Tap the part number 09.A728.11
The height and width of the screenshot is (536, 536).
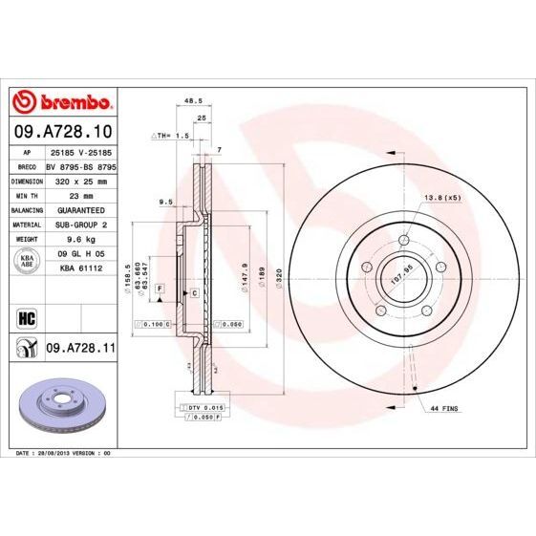(x=80, y=351)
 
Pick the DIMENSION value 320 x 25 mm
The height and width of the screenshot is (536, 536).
(x=79, y=180)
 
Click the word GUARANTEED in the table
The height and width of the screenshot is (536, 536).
(x=79, y=207)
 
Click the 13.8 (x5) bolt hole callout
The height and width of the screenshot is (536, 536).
(x=441, y=197)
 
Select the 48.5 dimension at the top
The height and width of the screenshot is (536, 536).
(x=191, y=100)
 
